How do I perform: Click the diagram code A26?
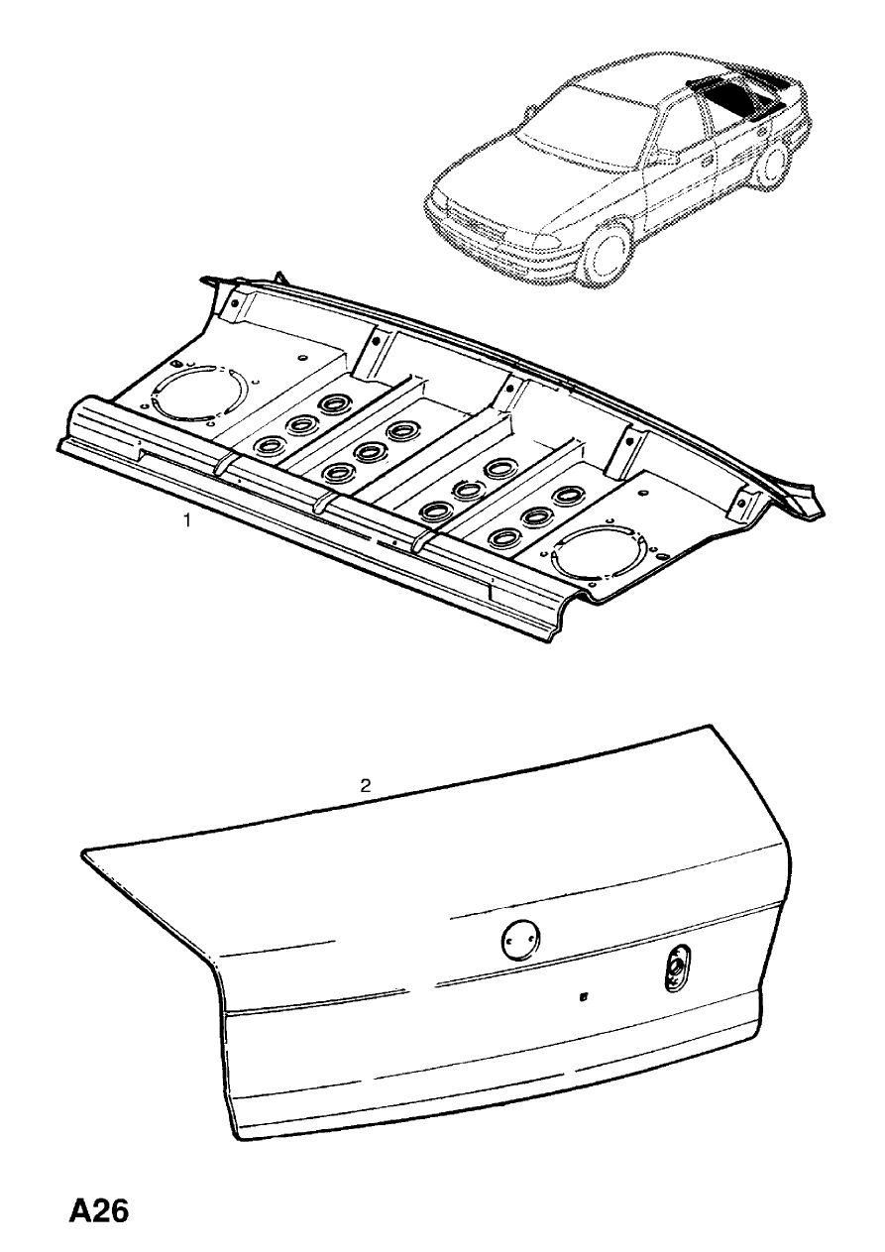point(99,1212)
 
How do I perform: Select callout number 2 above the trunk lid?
point(365,786)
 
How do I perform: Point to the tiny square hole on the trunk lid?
point(584,998)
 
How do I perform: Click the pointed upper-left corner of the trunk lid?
point(86,850)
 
